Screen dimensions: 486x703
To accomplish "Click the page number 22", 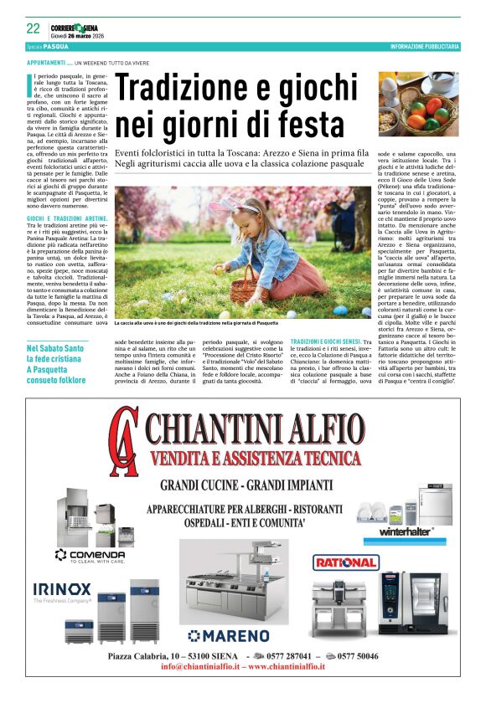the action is tap(33, 28).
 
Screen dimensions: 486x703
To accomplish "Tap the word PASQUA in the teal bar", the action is tap(56, 47).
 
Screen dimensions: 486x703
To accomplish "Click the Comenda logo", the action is tap(90, 554).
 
